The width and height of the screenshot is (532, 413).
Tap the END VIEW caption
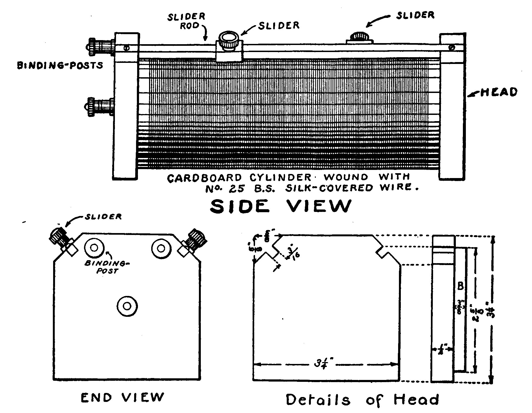pos(123,398)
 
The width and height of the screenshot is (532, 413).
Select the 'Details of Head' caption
pos(362,400)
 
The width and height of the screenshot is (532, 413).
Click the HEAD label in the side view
pos(499,92)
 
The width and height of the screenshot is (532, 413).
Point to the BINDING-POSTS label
pos(60,66)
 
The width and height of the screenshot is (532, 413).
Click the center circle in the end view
pos(127,306)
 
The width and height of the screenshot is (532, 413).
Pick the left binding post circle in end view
pos(94,248)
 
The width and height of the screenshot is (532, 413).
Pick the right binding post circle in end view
pos(161,248)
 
